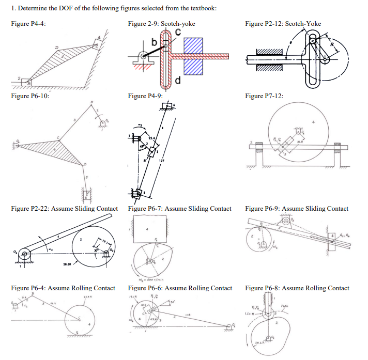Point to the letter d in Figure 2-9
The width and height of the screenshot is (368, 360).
point(178,81)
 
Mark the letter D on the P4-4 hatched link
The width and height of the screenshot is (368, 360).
point(51,48)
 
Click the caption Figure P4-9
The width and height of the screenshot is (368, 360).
point(145,96)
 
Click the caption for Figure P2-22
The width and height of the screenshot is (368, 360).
point(64,209)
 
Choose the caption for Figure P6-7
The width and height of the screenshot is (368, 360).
point(179,209)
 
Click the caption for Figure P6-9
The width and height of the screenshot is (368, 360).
point(297,209)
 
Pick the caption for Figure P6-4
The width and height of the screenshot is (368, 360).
point(63,288)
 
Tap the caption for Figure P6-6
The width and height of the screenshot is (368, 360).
point(179,288)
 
